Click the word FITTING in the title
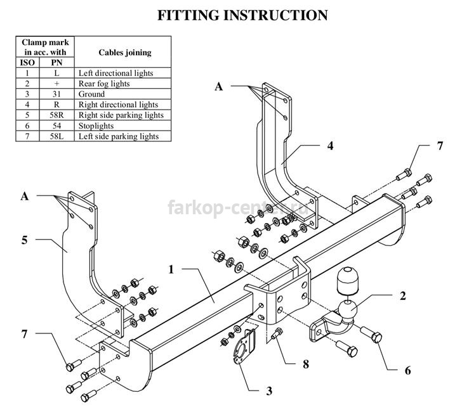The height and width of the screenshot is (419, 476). tap(188, 15)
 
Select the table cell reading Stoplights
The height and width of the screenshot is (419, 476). tap(96, 126)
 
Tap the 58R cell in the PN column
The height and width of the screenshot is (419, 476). tap(56, 115)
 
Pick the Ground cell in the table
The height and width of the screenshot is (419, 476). tap(91, 94)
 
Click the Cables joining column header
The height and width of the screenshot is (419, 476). tap(125, 53)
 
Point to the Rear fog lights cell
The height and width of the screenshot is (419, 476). tap(104, 84)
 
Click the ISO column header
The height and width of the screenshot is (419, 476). tap(27, 63)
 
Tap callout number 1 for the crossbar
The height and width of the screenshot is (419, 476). tap(171, 269)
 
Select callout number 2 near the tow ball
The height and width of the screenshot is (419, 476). tap(403, 295)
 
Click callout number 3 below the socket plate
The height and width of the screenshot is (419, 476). tap(269, 391)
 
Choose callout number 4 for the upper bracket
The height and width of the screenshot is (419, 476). tap(330, 146)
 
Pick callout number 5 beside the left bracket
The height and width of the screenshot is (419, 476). tap(25, 240)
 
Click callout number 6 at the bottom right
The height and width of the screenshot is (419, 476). tap(407, 370)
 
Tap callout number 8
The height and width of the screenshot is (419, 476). tap(306, 364)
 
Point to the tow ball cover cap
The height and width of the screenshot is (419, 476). tap(347, 281)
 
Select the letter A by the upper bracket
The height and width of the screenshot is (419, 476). tap(219, 87)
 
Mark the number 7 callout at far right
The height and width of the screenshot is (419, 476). tap(440, 146)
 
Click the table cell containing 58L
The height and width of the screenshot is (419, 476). tap(56, 136)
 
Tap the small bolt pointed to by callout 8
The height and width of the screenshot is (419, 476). tap(277, 333)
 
